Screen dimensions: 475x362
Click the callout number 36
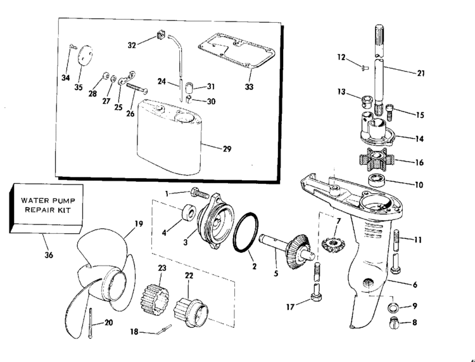49,255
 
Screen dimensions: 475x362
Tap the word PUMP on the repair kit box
63,200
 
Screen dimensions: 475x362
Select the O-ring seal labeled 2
245,232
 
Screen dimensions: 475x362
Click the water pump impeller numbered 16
377,158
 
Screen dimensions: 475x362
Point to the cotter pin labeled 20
91,323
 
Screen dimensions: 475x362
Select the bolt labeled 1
200,193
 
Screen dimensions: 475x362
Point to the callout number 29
227,149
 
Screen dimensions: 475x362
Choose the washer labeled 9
393,307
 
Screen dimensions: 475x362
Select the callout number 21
421,73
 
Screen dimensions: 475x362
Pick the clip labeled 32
161,35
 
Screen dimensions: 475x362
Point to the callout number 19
139,224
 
